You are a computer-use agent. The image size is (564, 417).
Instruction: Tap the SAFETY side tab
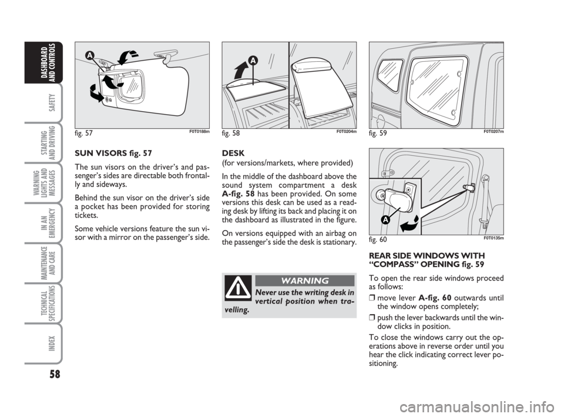coord(52,102)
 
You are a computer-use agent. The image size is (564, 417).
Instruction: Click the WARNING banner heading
coord(305,281)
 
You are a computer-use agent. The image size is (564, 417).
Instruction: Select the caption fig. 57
coord(84,133)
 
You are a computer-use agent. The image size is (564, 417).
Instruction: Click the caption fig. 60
coord(378,239)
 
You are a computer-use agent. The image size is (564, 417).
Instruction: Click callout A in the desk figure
coord(253,61)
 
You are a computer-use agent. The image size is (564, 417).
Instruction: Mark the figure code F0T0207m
coord(493,131)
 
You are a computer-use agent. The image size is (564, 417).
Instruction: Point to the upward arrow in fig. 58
coord(240,70)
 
